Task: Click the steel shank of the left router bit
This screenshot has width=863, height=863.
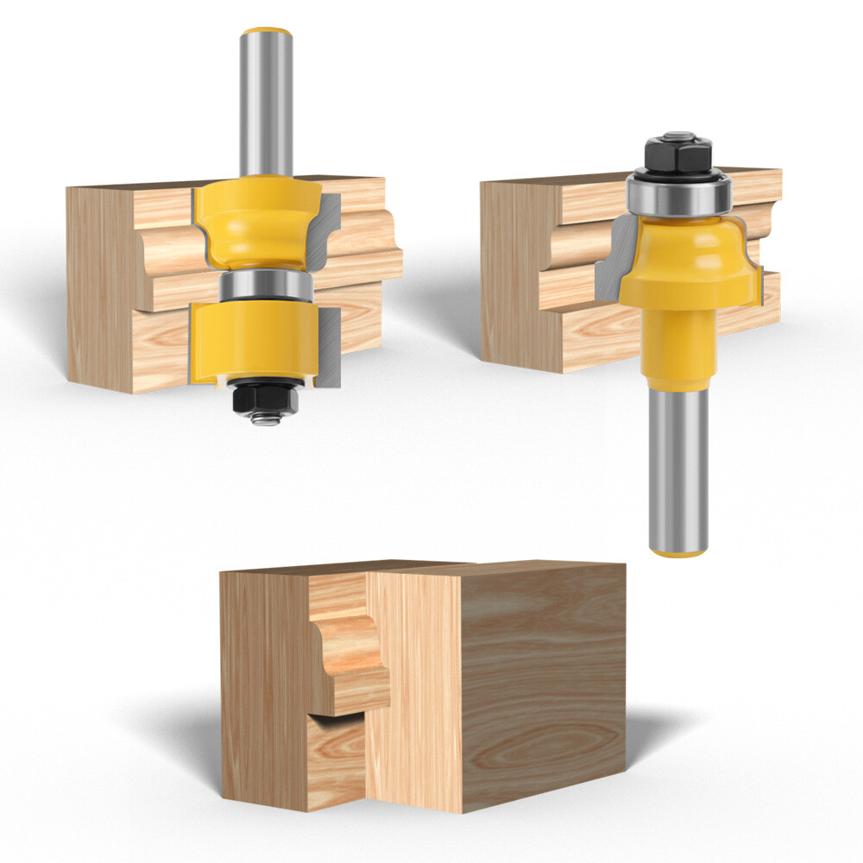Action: click(266, 104)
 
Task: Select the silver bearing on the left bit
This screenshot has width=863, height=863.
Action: click(266, 286)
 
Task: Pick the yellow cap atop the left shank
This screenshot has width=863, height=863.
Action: click(266, 32)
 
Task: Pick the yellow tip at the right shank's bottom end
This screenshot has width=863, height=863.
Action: click(678, 551)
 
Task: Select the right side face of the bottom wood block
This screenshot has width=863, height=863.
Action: click(544, 682)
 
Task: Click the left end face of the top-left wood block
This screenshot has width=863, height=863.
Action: click(99, 285)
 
